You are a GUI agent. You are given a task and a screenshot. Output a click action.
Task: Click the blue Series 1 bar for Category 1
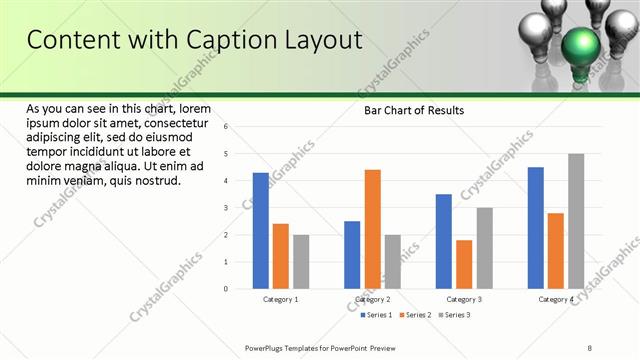click(x=260, y=230)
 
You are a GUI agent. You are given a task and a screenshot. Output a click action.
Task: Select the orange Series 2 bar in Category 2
click(x=372, y=229)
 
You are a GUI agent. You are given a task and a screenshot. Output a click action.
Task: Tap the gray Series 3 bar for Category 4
click(x=576, y=221)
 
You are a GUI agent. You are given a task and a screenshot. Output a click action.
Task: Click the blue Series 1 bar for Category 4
click(x=536, y=228)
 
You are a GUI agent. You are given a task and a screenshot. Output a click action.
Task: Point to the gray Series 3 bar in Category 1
click(x=301, y=262)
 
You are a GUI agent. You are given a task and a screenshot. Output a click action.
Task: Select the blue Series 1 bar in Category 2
click(x=352, y=255)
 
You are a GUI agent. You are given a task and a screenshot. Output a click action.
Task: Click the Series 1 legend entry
click(x=376, y=315)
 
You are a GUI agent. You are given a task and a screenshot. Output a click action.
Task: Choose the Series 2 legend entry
click(x=415, y=315)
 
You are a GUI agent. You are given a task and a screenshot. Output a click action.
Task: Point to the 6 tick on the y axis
click(x=227, y=127)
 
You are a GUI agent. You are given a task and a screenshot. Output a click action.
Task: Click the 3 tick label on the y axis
click(x=227, y=208)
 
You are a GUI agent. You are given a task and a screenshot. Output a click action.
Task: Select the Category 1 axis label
click(x=281, y=299)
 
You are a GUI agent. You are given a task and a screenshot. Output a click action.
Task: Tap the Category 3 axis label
click(x=464, y=299)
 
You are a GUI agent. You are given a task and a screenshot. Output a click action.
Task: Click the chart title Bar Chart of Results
click(x=413, y=110)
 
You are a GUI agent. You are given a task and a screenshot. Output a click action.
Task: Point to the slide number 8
click(x=589, y=348)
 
